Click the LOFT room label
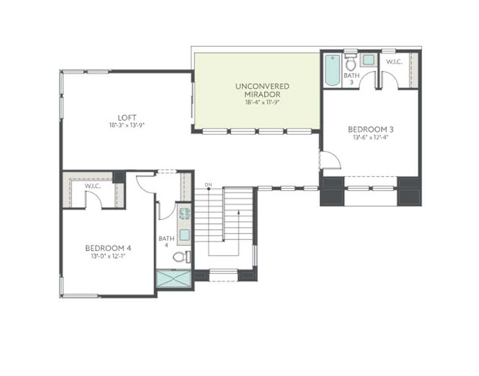(x=127, y=118)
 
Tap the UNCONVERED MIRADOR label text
(x=262, y=90)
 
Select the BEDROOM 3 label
(x=370, y=130)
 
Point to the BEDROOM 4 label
(x=108, y=248)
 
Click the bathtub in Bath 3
(x=333, y=70)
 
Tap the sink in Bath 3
(x=368, y=60)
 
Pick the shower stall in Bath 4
(x=174, y=280)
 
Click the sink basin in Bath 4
(x=184, y=235)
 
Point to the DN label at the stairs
(x=208, y=184)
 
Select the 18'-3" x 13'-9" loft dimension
(x=127, y=125)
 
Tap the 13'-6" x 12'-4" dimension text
(x=370, y=137)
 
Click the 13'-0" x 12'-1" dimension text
(x=108, y=256)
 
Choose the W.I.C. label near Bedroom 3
(x=394, y=62)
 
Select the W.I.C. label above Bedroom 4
(x=93, y=186)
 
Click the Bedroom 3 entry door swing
(x=331, y=160)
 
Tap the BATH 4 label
(x=167, y=242)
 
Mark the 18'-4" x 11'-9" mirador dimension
(x=262, y=102)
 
